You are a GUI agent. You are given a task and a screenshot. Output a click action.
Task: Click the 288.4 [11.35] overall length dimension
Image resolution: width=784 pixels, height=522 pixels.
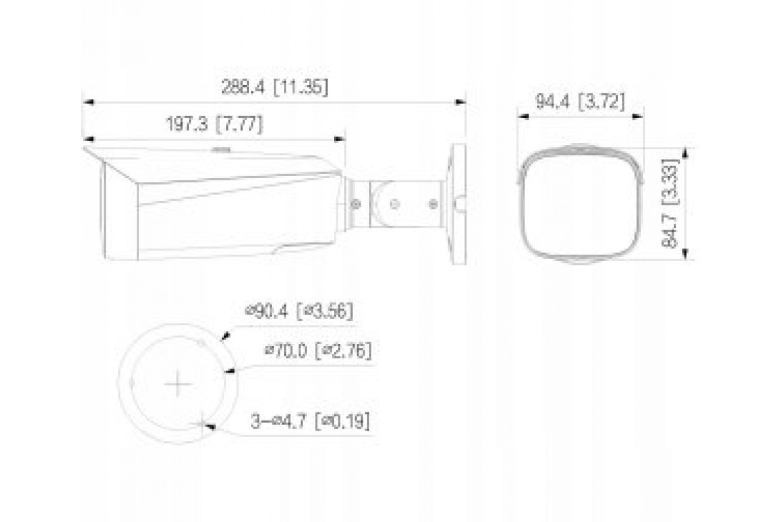tap(275, 87)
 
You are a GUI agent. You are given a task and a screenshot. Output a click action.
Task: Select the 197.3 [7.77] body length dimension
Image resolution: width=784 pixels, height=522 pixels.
tap(214, 124)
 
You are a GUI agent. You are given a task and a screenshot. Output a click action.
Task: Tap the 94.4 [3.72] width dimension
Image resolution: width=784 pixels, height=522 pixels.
tap(580, 102)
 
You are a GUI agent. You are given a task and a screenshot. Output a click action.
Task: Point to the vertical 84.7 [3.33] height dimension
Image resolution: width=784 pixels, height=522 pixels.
tap(670, 204)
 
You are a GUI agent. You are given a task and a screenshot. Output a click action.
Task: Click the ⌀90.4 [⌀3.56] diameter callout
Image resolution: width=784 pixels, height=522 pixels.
tap(299, 311)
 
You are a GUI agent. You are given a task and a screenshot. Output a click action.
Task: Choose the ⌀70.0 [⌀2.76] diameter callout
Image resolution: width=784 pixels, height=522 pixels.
tap(318, 350)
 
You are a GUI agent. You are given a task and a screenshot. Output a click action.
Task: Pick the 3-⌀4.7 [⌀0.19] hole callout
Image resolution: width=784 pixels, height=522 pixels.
tap(310, 421)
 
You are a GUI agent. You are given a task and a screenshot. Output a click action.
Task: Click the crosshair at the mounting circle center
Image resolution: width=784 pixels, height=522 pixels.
tap(178, 384)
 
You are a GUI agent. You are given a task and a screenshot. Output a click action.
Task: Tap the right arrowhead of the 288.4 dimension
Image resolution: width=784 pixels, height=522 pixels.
tap(460, 102)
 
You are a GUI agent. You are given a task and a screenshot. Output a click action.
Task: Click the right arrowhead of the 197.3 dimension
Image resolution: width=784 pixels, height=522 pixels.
tap(340, 139)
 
